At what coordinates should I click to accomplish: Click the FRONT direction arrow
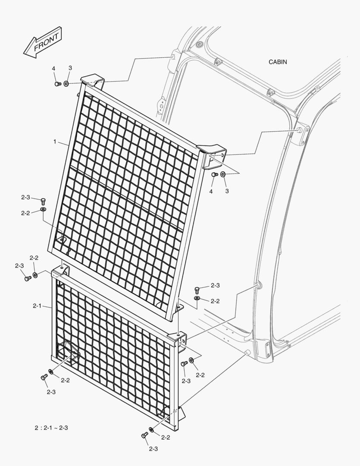click(x=43, y=42)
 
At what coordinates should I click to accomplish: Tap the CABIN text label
click(x=278, y=62)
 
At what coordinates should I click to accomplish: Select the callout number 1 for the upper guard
click(x=55, y=142)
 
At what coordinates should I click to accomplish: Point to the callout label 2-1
click(x=37, y=305)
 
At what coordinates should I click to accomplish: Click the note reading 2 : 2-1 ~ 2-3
click(x=51, y=428)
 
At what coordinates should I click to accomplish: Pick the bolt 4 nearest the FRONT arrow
click(x=58, y=84)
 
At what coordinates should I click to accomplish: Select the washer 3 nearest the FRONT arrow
click(x=66, y=84)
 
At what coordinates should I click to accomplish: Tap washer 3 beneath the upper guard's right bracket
click(x=223, y=174)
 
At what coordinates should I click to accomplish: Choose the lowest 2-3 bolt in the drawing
click(x=144, y=435)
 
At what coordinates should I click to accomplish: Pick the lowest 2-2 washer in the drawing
click(x=151, y=430)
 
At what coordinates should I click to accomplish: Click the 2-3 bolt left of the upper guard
click(x=43, y=201)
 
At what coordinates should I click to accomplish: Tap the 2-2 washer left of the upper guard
click(x=43, y=210)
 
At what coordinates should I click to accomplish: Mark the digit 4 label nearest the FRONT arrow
click(x=54, y=69)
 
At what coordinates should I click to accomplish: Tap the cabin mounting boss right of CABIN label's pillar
click(x=299, y=130)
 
